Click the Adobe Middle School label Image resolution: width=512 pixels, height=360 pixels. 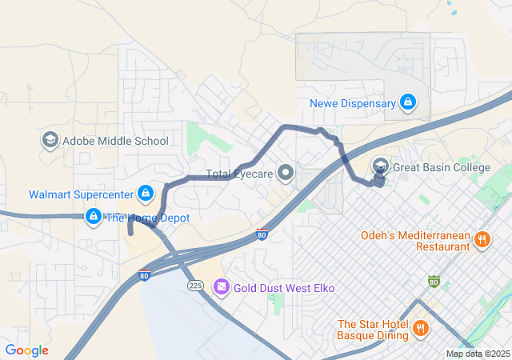(115, 141)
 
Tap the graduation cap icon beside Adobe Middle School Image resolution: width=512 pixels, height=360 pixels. (50, 141)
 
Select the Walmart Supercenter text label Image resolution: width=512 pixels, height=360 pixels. (81, 194)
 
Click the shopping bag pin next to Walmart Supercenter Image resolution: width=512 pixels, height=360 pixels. (146, 193)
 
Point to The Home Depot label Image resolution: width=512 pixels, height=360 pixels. (147, 218)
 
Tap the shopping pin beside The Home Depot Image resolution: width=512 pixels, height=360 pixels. (93, 216)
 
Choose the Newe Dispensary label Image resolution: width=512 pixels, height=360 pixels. (352, 103)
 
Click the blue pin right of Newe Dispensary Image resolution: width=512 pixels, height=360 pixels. (407, 102)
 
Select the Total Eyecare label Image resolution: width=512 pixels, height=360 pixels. (239, 173)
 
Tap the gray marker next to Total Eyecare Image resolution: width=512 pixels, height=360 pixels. (286, 172)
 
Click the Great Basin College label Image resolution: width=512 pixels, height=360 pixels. (441, 167)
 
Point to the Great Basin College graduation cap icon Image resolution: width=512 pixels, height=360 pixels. (380, 166)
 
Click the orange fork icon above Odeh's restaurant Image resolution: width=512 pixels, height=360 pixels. (482, 238)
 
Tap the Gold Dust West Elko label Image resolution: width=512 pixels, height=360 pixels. (284, 287)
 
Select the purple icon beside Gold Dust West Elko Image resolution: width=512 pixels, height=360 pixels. (222, 286)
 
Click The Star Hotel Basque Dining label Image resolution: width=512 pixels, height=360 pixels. (373, 330)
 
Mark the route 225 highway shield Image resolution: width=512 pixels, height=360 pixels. (195, 285)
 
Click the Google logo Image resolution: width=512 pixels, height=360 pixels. (26, 350)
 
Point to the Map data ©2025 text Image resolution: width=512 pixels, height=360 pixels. (478, 354)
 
